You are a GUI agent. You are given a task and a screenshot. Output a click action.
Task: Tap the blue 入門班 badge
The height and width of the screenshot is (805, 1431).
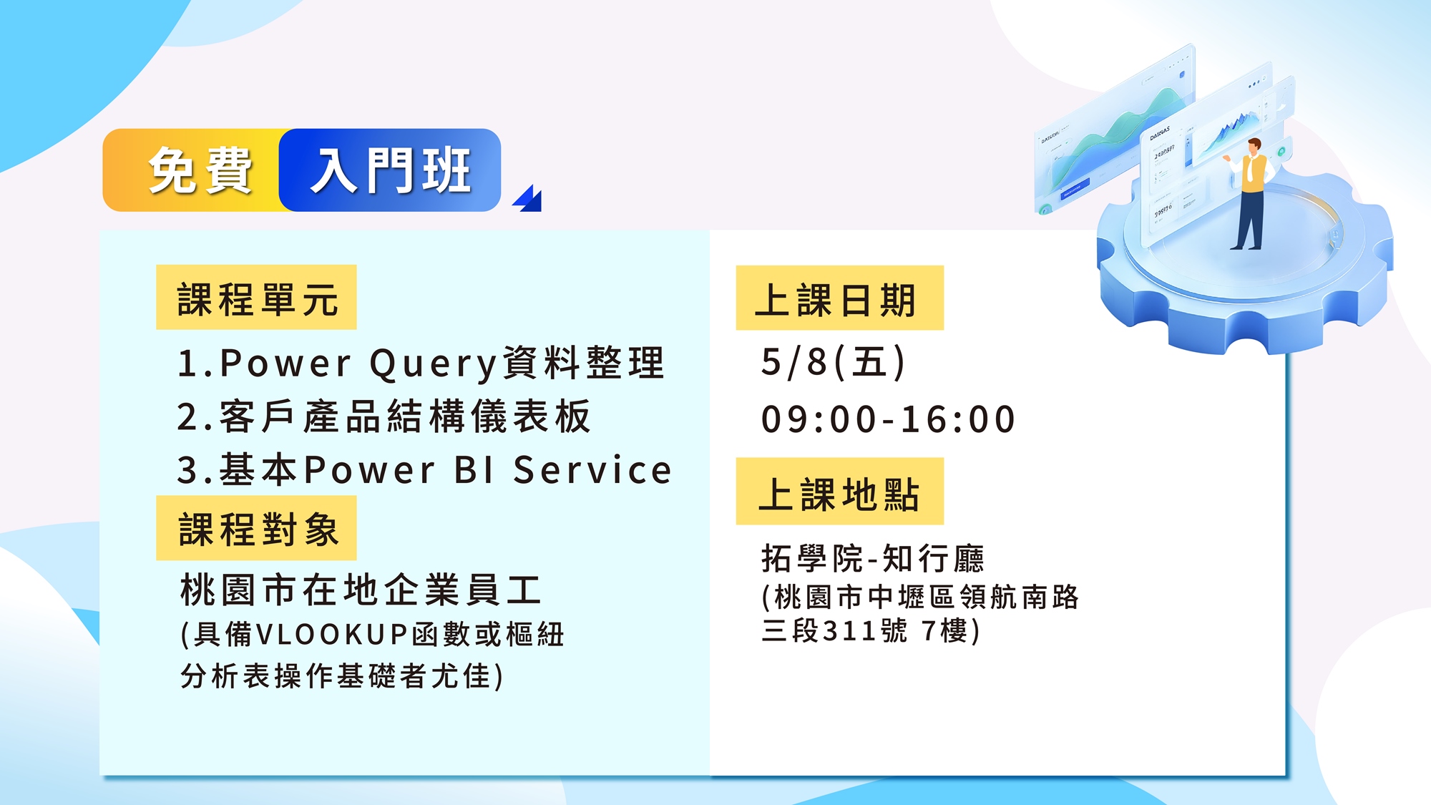[x=390, y=170]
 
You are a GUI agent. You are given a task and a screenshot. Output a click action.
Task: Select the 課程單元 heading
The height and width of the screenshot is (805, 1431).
[x=256, y=298]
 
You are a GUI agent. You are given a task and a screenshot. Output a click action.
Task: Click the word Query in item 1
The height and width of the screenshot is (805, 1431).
[x=433, y=364]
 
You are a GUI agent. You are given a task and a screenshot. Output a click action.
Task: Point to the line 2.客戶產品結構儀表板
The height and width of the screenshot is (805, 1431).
[x=384, y=416]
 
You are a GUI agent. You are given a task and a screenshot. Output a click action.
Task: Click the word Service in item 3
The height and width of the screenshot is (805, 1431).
[x=592, y=470]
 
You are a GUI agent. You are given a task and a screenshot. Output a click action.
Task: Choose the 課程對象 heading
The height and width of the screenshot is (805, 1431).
[x=256, y=529]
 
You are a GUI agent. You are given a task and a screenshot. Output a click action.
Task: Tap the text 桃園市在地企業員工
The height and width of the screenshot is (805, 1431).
[x=361, y=590]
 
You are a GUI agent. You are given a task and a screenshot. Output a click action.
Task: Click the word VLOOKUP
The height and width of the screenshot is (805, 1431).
[x=331, y=635]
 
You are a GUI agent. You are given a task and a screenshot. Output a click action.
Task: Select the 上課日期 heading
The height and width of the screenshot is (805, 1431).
[x=839, y=298]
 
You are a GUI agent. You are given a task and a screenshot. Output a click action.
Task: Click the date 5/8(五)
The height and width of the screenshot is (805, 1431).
[x=834, y=362]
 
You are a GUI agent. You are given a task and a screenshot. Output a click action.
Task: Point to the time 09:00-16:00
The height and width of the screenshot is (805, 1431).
[x=888, y=419]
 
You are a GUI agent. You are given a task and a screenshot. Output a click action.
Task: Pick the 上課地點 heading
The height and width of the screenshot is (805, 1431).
[x=839, y=492]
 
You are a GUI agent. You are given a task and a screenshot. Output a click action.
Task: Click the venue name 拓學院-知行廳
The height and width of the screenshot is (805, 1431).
[x=873, y=558]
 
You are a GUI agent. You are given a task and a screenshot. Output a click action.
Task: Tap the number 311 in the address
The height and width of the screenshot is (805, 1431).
[x=849, y=631]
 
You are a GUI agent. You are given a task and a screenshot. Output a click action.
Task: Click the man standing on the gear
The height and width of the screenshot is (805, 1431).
[x=1249, y=193]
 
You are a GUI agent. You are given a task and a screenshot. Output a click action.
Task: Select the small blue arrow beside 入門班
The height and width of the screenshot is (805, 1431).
[x=527, y=198]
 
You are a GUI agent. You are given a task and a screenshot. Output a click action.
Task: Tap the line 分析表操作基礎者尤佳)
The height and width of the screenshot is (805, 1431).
[x=342, y=676]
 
